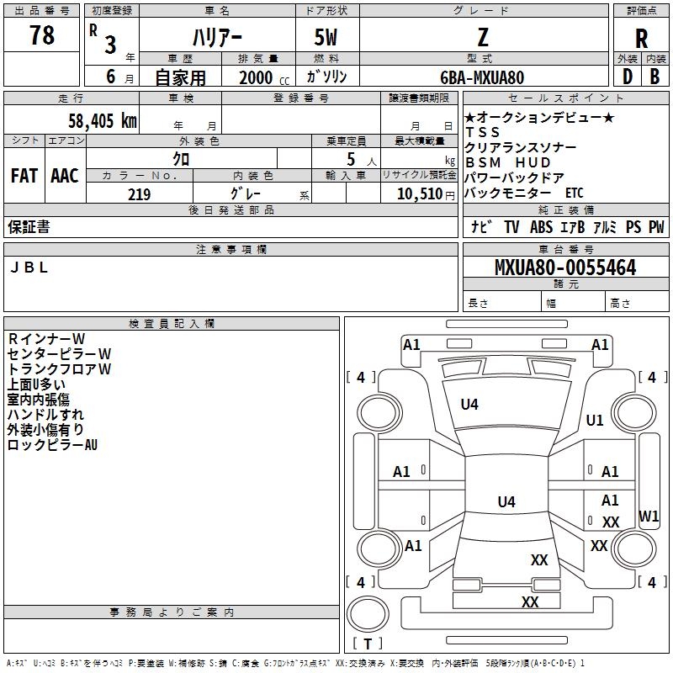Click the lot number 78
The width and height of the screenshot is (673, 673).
tap(41, 34)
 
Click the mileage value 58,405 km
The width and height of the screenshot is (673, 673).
tap(103, 120)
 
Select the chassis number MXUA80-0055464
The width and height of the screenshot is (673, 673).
tap(565, 267)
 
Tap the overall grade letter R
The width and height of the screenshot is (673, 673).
tap(641, 39)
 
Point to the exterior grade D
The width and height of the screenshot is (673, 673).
tap(628, 77)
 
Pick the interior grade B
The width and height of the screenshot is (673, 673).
tap(654, 77)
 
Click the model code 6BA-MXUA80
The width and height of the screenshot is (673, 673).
tap(482, 77)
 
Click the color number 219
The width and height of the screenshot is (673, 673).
tap(139, 194)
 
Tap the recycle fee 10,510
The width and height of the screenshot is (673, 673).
tap(419, 193)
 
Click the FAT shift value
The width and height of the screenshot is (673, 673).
tap(24, 176)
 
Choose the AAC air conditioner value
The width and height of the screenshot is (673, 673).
tap(65, 176)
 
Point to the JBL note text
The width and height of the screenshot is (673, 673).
tap(29, 268)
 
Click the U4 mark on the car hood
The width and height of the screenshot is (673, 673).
tap(469, 404)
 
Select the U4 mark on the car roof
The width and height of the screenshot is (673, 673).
tap(506, 501)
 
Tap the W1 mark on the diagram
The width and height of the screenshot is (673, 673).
tap(649, 516)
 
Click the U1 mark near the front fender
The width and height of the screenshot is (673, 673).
tap(595, 420)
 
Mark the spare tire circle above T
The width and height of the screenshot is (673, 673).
tap(368, 614)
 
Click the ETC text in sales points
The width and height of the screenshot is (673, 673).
tap(575, 193)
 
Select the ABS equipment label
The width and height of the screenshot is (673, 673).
tap(541, 226)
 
